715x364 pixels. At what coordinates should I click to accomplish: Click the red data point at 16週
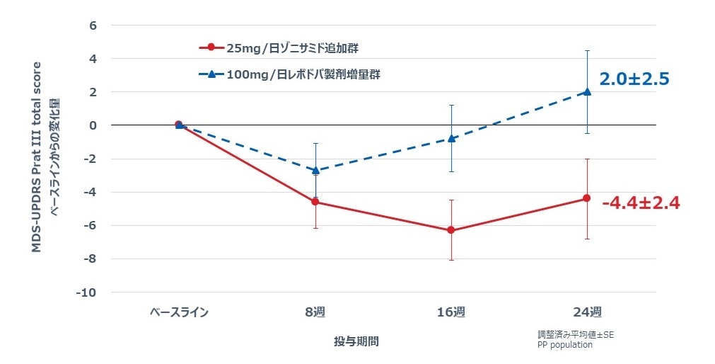450,230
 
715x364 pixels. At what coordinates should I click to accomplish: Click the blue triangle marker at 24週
586,91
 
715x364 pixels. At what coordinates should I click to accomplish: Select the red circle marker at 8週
315,202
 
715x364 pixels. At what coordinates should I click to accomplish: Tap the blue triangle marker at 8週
315,170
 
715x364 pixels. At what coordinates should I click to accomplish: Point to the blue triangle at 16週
450,138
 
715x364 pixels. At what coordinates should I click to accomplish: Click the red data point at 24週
586,198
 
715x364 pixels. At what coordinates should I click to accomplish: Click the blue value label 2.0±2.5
634,79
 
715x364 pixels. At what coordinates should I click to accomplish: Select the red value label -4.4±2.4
640,203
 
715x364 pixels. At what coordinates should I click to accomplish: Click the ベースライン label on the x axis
179,312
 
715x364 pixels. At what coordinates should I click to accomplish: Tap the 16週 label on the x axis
450,312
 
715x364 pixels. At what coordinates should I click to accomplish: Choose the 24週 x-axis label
586,312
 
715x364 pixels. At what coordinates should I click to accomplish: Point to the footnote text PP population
564,345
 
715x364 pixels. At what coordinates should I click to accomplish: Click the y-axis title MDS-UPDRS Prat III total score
35,155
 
